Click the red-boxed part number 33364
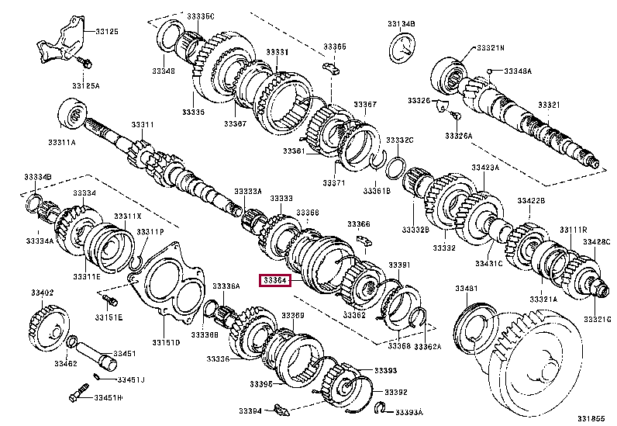[x=274, y=281]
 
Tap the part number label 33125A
[x=85, y=85]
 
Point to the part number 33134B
[x=401, y=25]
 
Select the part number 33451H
[x=109, y=398]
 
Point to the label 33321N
[x=490, y=47]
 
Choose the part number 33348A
[x=517, y=71]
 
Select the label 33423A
[x=485, y=166]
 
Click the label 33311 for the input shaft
[x=142, y=124]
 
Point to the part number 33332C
[x=400, y=140]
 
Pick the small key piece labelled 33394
[x=281, y=409]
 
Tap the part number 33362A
[x=428, y=346]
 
